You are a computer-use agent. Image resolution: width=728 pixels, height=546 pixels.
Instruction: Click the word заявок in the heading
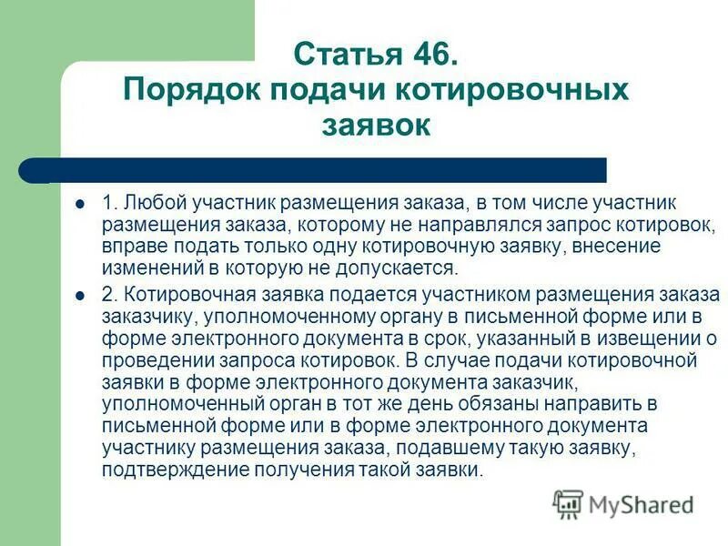[x=375, y=125]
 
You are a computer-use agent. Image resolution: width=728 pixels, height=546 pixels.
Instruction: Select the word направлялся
[x=466, y=224]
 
